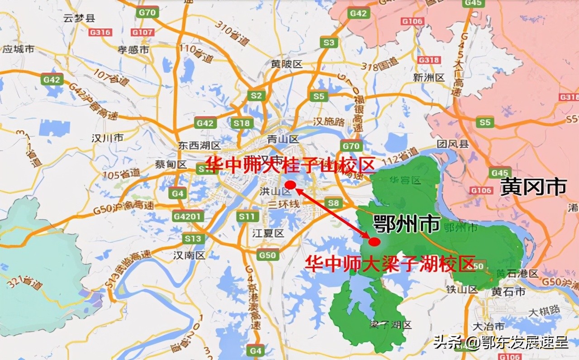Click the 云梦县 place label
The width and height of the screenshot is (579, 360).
pos(79,19)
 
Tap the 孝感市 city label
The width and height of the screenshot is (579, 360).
pos(133,50)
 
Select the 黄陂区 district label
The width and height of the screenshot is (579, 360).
pos(286,64)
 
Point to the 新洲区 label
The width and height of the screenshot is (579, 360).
pos(429,77)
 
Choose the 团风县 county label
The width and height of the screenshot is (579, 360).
pos(453,144)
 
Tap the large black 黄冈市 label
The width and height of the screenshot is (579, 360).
pos(533,187)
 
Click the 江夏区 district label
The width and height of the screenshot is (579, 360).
pos(268,233)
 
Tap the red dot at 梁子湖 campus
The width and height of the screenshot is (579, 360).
pos(374,242)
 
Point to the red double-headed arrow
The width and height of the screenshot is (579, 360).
pos(332,213)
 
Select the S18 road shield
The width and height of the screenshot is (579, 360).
pos(241,123)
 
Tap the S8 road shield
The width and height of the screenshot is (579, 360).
pos(333,203)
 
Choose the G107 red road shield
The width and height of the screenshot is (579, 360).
pos(142,32)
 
